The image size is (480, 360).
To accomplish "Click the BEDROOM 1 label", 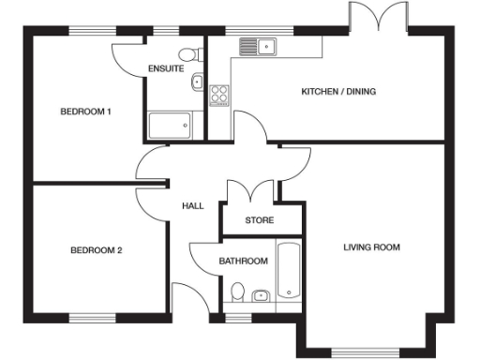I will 86,112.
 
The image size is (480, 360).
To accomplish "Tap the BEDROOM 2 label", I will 97,250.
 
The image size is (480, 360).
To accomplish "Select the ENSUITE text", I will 166,69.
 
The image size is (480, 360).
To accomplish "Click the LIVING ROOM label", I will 372,247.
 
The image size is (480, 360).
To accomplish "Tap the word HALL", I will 193,206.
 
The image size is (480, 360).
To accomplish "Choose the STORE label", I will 259,221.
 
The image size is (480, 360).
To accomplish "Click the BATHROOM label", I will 244,261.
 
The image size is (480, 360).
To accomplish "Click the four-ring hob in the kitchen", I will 220,94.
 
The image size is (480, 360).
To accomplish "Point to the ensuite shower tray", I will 170,125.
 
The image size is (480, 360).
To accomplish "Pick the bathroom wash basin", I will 261,296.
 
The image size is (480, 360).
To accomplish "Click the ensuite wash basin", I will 197,83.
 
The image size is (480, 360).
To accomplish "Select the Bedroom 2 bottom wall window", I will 97,317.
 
